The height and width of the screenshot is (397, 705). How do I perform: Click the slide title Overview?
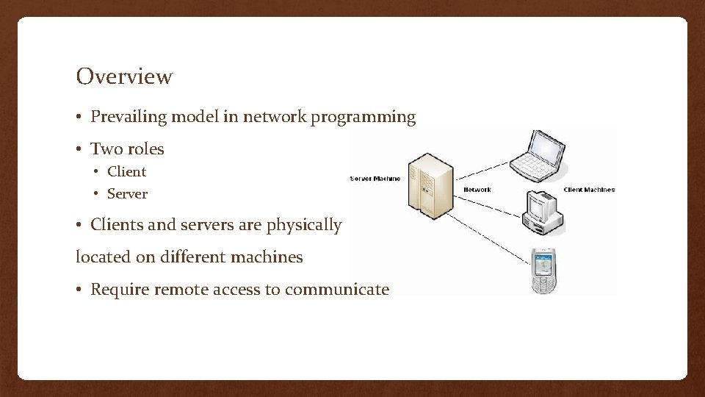pos(124,76)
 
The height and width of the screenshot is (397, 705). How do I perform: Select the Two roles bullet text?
pos(127,149)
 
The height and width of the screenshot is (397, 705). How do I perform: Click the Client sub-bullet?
pos(126,172)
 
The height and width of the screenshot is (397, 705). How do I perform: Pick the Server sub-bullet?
pos(127,194)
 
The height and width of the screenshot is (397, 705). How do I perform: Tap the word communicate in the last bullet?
pos(337,290)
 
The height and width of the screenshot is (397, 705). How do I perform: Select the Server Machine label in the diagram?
pos(375,179)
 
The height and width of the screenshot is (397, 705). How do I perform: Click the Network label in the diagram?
pos(477,190)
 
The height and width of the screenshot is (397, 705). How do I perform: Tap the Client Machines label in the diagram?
pos(589,190)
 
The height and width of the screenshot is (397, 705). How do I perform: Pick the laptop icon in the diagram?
pos(541,156)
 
